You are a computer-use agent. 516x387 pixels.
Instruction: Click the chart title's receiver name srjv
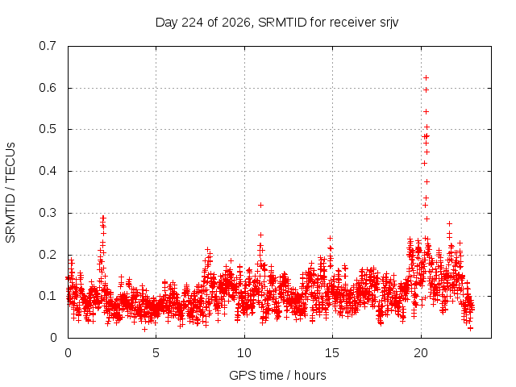pyautogui.click(x=389, y=23)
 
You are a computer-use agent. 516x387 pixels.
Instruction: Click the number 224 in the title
pyautogui.click(x=193, y=23)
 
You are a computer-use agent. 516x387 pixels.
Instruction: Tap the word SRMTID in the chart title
pyautogui.click(x=282, y=23)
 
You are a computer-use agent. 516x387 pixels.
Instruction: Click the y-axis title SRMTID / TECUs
pyautogui.click(x=10, y=193)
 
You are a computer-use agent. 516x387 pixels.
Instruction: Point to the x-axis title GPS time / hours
pyautogui.click(x=277, y=375)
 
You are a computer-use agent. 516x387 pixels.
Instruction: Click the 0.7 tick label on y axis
pyautogui.click(x=48, y=46)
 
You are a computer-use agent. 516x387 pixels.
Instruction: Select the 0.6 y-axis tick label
pyautogui.click(x=48, y=88)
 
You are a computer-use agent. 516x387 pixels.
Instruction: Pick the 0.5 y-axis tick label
pyautogui.click(x=48, y=129)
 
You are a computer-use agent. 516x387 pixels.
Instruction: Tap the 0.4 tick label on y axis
pyautogui.click(x=48, y=171)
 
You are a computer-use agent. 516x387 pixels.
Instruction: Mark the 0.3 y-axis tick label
pyautogui.click(x=48, y=213)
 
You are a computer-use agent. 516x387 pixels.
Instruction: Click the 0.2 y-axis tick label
pyautogui.click(x=48, y=255)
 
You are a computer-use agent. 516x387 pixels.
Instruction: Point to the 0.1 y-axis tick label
pyautogui.click(x=48, y=296)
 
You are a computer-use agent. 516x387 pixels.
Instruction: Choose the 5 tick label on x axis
pyautogui.click(x=156, y=353)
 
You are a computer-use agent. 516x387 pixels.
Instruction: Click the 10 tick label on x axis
pyautogui.click(x=243, y=353)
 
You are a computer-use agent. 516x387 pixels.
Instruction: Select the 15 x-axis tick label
pyautogui.click(x=332, y=353)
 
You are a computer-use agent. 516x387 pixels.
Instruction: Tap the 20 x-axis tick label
pyautogui.click(x=421, y=353)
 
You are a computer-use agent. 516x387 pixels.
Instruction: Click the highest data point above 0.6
pyautogui.click(x=427, y=78)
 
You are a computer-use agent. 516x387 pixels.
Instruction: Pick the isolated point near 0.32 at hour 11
pyautogui.click(x=260, y=206)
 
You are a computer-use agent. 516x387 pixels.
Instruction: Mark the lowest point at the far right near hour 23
pyautogui.click(x=470, y=328)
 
